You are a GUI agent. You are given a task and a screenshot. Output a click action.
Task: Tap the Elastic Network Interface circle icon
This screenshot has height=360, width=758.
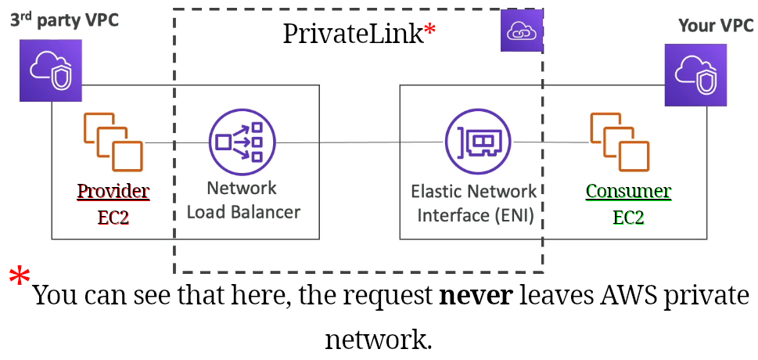pos(478,142)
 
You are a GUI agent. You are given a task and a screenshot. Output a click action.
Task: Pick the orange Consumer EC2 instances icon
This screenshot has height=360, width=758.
pos(619,142)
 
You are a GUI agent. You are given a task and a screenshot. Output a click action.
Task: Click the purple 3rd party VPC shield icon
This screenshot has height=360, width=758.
pos(51,71)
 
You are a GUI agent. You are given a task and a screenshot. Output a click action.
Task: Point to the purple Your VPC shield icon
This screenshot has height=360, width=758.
pos(695,75)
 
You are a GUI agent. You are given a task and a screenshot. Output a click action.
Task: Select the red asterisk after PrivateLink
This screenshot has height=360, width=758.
pos(429,31)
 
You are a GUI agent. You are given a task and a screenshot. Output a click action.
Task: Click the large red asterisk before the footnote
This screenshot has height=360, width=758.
pos(20,278)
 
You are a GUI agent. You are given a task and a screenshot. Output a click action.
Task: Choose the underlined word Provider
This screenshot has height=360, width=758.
pos(113,191)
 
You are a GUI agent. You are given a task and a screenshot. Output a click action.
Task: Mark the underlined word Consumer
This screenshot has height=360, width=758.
pos(628,191)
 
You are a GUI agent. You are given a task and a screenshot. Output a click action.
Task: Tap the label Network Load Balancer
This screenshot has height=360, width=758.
pos(242,200)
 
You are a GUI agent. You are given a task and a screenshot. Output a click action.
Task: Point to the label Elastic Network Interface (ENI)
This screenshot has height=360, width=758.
pos(474,203)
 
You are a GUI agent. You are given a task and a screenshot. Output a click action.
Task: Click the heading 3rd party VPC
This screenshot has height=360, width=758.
pos(64,20)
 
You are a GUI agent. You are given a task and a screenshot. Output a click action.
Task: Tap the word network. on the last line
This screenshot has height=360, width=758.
pos(379,340)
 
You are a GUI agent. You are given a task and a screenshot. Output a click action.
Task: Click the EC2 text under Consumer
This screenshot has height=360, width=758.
pos(628,217)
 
